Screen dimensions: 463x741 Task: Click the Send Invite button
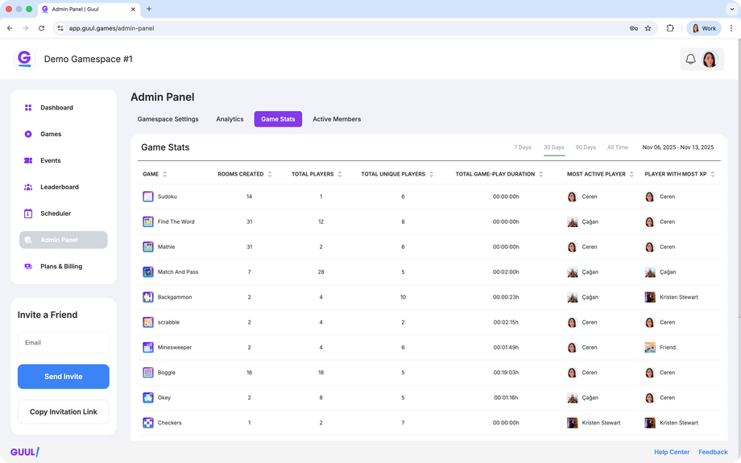point(64,377)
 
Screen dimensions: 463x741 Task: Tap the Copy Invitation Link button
point(64,411)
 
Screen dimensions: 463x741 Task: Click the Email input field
point(64,342)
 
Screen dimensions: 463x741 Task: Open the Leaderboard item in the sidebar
point(60,187)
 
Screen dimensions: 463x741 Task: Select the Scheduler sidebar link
point(56,213)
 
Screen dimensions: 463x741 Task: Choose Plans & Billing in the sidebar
point(61,267)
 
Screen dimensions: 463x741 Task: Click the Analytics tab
point(230,119)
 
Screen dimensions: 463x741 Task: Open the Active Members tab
point(337,119)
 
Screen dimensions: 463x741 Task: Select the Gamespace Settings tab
point(168,119)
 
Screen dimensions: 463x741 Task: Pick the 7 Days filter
point(523,147)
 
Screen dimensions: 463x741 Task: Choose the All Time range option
point(618,147)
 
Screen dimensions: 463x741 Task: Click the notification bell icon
point(690,60)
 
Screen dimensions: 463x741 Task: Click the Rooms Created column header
point(241,174)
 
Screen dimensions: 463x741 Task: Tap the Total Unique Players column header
point(393,174)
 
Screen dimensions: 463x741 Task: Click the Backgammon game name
point(174,297)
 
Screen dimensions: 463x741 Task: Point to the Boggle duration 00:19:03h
point(506,373)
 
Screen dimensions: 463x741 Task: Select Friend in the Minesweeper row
point(668,348)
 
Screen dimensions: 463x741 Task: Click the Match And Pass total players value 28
point(321,272)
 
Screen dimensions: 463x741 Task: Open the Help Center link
point(672,453)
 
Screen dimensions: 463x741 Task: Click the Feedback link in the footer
point(713,453)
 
